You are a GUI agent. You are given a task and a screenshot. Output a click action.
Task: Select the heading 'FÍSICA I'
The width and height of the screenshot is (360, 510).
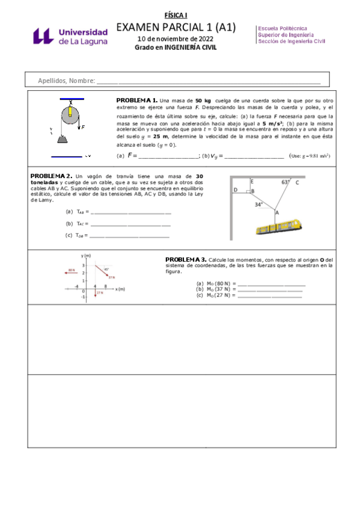(176, 14)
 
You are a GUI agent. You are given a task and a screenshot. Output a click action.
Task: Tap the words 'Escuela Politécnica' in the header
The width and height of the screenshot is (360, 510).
(282, 28)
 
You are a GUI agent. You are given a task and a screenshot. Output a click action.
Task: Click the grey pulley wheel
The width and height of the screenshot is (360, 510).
(70, 115)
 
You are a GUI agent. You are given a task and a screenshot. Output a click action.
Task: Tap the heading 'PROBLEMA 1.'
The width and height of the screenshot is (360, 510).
(136, 100)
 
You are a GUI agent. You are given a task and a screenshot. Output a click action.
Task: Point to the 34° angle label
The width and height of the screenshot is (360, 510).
(259, 204)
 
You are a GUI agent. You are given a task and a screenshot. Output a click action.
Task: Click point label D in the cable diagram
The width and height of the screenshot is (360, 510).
(236, 190)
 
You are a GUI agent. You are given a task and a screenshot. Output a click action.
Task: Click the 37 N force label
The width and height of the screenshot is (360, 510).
(111, 277)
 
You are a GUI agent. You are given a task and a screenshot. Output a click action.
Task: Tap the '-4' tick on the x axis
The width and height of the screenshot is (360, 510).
(77, 286)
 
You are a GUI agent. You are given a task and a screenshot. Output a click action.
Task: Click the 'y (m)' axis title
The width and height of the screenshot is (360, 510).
(87, 256)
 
